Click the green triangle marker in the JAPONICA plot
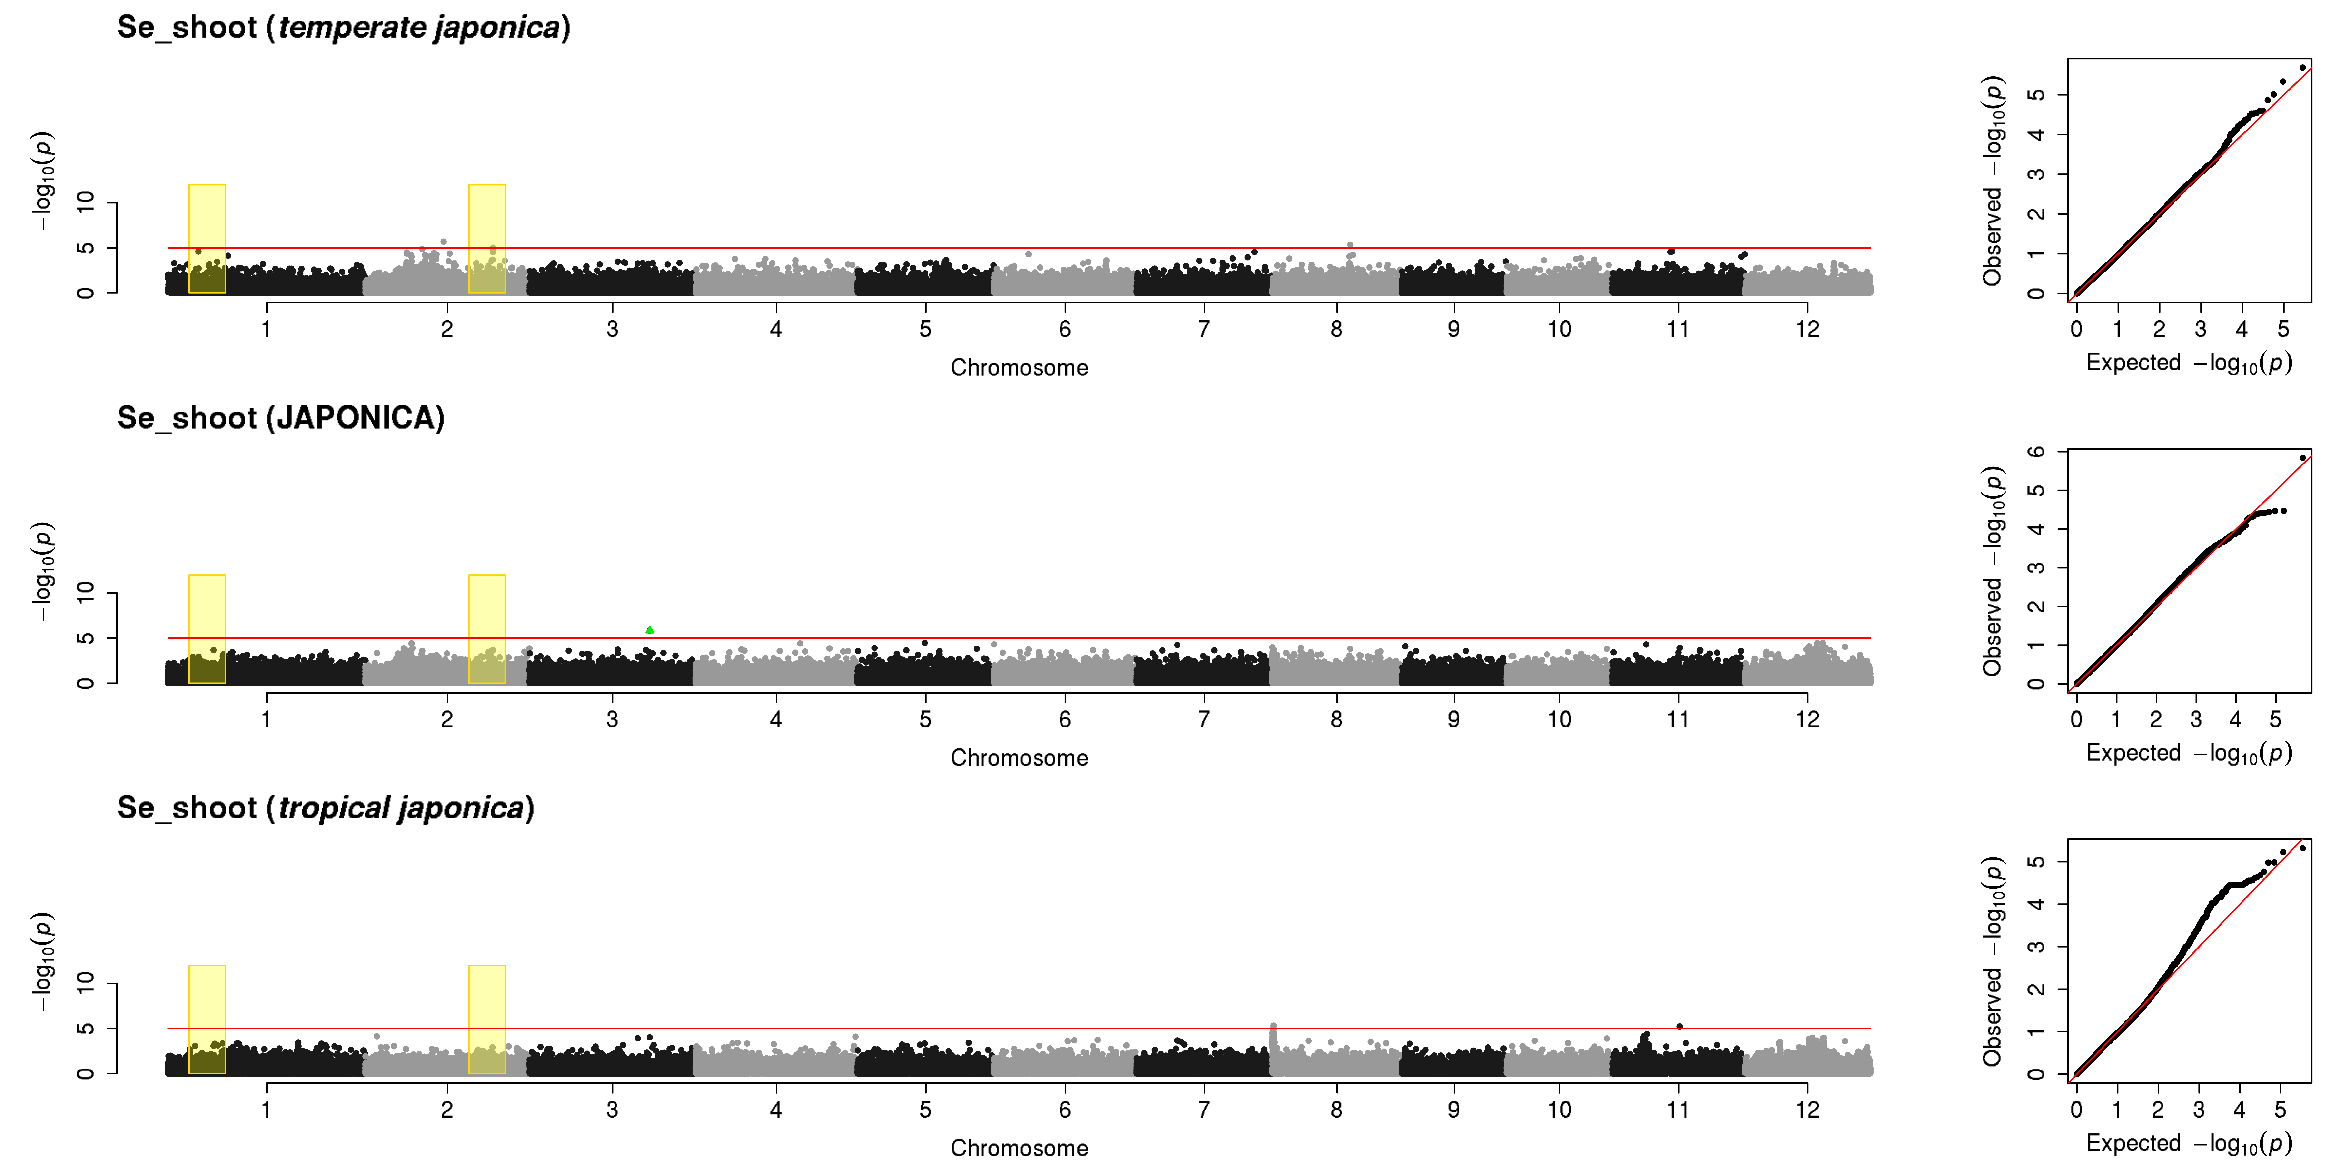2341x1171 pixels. [650, 629]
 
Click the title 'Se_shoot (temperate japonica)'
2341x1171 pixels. [344, 27]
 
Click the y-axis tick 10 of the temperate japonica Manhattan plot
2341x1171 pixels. [85, 202]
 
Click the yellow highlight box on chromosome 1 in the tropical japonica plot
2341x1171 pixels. [207, 1019]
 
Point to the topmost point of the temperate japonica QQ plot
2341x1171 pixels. [2302, 67]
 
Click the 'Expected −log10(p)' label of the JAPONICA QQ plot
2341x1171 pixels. [2188, 753]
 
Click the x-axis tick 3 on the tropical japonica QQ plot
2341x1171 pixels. [2198, 1109]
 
